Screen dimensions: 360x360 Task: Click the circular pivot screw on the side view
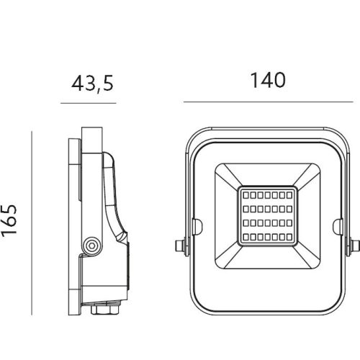pos(91,246)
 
